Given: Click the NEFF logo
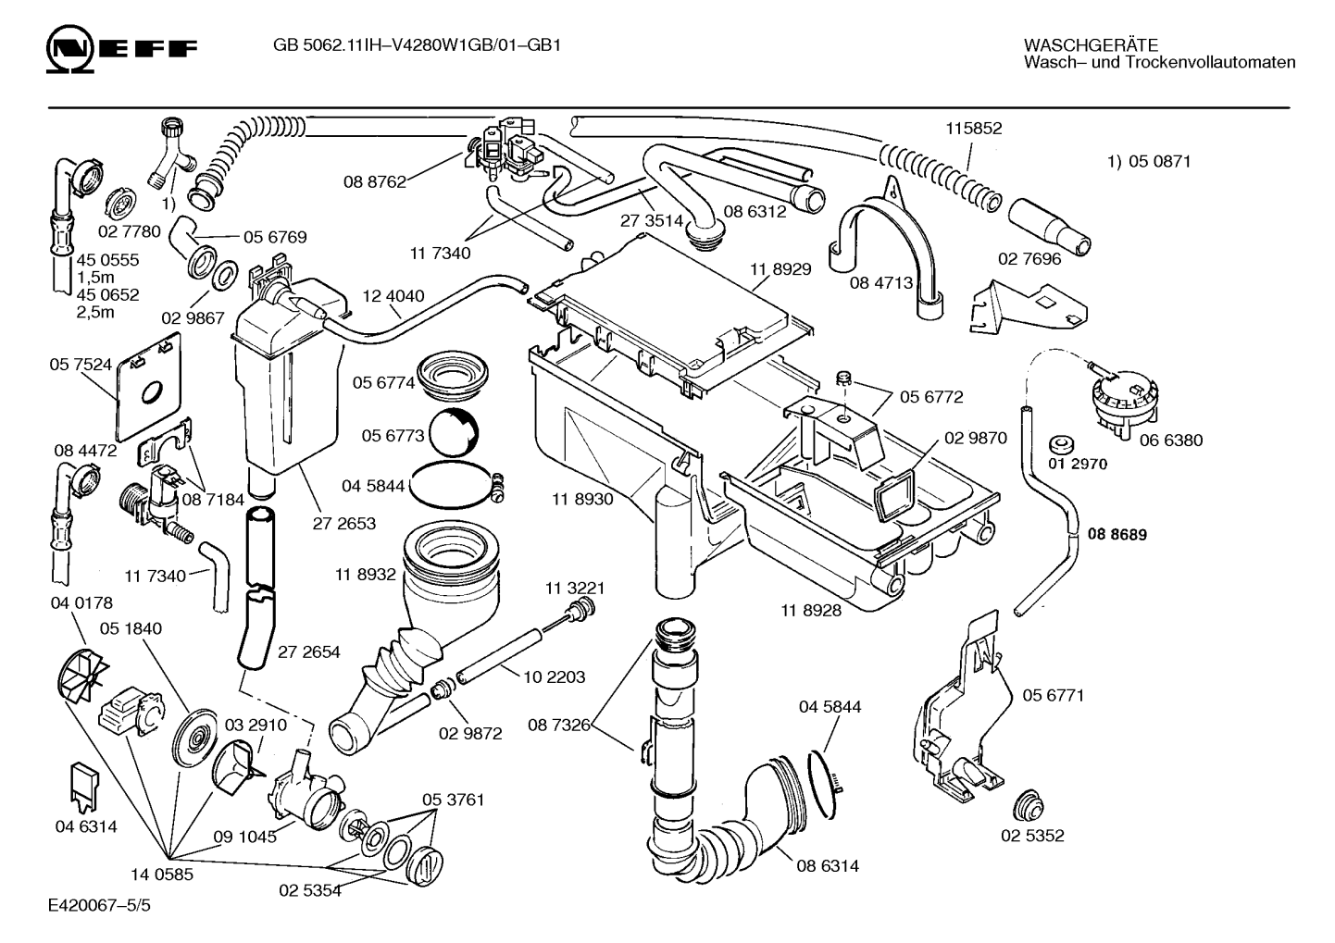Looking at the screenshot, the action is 121,49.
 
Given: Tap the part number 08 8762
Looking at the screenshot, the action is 374,182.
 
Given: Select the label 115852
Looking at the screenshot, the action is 974,128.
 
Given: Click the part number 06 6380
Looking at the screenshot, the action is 1171,440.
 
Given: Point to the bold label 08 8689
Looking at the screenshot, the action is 1117,534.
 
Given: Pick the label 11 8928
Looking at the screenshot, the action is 811,610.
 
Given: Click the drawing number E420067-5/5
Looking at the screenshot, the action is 100,905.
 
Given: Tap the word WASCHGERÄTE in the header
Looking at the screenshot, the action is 1091,44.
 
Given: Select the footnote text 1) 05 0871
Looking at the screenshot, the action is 1149,161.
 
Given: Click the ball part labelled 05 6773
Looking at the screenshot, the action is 454,433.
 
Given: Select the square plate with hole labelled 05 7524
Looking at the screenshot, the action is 149,387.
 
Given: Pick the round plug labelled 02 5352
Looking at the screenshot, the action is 1028,805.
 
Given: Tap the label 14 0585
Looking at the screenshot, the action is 162,875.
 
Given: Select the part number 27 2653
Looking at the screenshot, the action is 343,524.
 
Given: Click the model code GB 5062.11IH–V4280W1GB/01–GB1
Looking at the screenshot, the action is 418,45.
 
